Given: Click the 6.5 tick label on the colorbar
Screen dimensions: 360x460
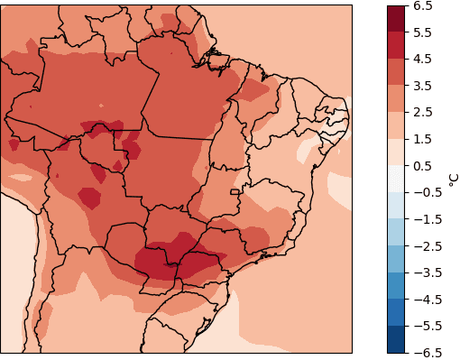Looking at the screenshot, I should [x=422, y=5].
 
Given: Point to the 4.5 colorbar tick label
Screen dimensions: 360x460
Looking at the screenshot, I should [x=422, y=59].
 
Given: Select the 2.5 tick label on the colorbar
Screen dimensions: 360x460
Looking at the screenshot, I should [x=422, y=112].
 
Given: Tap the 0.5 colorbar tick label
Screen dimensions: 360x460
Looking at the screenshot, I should [x=422, y=165].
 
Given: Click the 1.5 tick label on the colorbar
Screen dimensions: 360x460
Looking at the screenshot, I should [x=422, y=139].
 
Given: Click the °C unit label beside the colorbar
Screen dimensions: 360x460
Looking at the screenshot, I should [x=453, y=180].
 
